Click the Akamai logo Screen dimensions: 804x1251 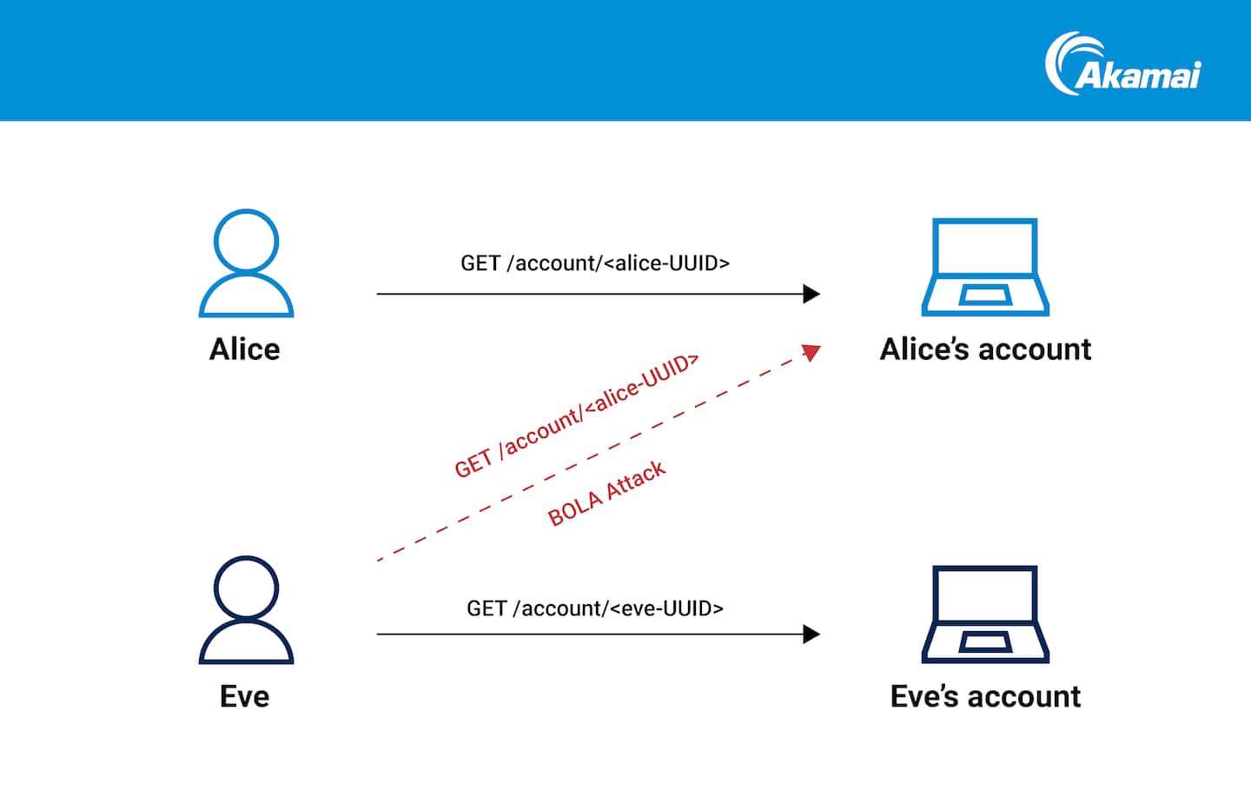[1122, 64]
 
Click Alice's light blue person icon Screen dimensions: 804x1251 [246, 264]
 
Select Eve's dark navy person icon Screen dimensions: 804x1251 [246, 611]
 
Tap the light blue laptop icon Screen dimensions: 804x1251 [985, 267]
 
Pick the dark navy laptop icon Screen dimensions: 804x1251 [985, 615]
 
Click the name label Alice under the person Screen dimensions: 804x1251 [245, 349]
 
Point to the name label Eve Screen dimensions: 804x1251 [245, 697]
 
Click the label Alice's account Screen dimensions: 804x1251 [985, 349]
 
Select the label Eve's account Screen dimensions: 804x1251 [985, 697]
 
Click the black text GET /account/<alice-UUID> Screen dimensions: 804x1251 [595, 263]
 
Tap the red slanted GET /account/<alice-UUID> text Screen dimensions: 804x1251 [576, 415]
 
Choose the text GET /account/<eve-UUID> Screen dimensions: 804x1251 [595, 608]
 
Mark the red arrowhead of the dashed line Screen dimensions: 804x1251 [811, 352]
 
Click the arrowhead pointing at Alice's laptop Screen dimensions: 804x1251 [811, 294]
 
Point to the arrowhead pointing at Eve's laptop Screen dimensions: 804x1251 [811, 635]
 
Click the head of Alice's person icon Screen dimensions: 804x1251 [246, 240]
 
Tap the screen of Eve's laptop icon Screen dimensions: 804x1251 [985, 595]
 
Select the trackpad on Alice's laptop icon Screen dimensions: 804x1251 [985, 296]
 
